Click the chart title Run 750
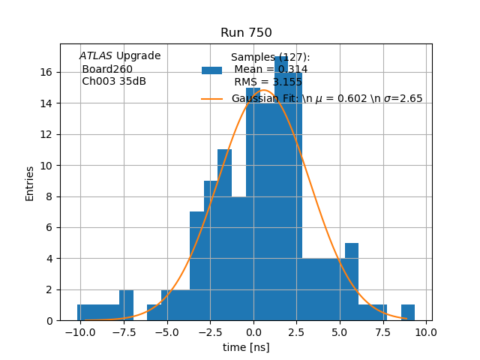tap(246, 33)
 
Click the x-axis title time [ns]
tap(246, 347)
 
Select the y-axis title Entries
tap(30, 183)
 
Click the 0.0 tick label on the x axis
tap(253, 331)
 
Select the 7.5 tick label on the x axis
tap(383, 331)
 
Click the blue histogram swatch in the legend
tap(211, 70)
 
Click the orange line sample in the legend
tap(211, 99)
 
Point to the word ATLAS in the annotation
tap(95, 56)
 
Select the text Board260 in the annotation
tap(107, 69)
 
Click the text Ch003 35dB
tap(114, 82)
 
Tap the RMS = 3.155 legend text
tap(268, 82)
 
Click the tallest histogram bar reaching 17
tap(281, 187)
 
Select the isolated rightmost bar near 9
tap(407, 313)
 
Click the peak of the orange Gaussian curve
tap(264, 91)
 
